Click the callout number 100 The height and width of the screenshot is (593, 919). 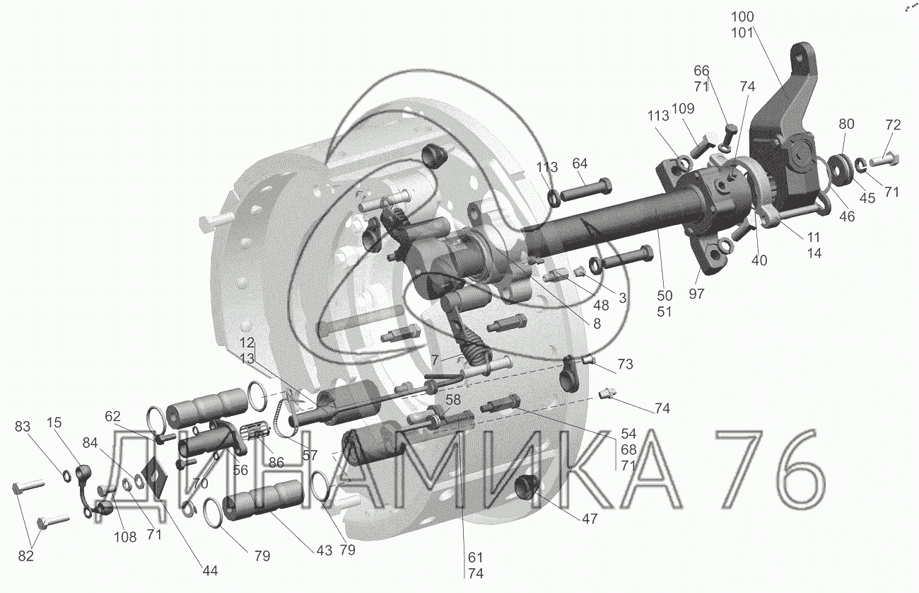(742, 17)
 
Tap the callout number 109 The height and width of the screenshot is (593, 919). (683, 109)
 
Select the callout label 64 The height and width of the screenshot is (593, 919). (580, 163)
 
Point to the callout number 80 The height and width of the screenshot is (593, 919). (846, 124)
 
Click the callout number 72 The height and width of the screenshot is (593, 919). (893, 125)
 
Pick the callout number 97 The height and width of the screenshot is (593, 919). (696, 294)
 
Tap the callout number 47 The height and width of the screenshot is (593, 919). (590, 519)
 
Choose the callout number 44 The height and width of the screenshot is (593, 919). (210, 570)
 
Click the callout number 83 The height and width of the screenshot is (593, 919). (23, 426)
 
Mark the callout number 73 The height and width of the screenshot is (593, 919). (625, 364)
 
